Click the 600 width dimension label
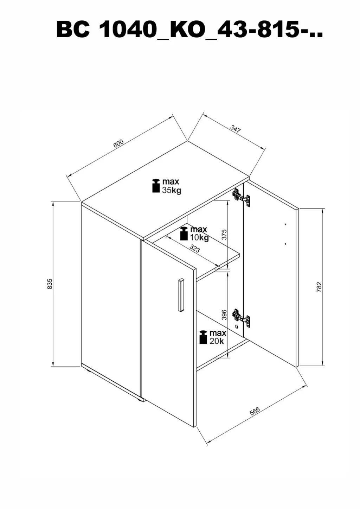pos(118,143)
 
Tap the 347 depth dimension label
pos(235,129)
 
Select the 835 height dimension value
pos(50,284)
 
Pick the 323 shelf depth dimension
pos(194,249)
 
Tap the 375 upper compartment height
pos(224,234)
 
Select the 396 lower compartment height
pos(224,315)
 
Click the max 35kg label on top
pos(167,186)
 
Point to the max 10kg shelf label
pos(194,233)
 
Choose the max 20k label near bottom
pos(213,337)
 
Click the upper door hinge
pos(241,198)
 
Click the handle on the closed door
pos(181,295)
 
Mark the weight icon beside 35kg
pos(156,186)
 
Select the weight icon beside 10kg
pos(184,234)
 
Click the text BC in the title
pos(73,30)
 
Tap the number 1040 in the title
pos(127,30)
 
